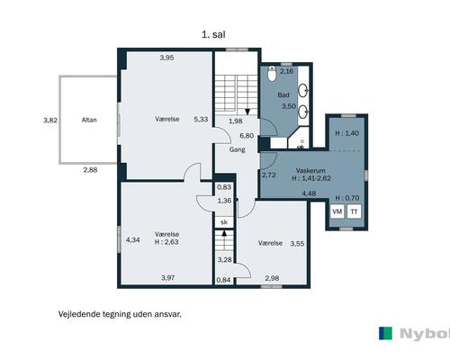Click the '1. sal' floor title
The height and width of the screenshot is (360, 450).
[x=213, y=34]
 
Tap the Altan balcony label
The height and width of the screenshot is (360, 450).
[x=89, y=120]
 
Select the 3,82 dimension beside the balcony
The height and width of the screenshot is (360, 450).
[x=50, y=121]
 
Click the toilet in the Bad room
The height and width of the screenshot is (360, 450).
[x=272, y=74]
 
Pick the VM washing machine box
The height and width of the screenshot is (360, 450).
[x=337, y=211]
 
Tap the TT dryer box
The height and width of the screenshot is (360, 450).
[x=354, y=211]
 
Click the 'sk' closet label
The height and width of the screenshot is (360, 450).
[x=224, y=222]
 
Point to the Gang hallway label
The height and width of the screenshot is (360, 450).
[x=237, y=149]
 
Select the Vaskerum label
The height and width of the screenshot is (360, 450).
[x=310, y=170]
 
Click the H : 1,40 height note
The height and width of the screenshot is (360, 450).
[x=346, y=133]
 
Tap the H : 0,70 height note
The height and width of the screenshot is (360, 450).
[x=347, y=198]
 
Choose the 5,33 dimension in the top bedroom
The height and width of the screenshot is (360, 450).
[x=201, y=119]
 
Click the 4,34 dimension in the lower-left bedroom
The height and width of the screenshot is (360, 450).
[x=132, y=240]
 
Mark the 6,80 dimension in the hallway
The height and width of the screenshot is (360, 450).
[x=247, y=136]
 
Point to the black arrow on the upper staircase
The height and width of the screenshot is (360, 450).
[x=247, y=112]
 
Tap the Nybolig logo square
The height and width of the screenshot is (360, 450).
[x=385, y=333]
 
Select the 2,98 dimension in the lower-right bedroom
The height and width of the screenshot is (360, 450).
[x=272, y=278]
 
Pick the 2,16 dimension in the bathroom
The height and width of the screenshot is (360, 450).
[x=286, y=71]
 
